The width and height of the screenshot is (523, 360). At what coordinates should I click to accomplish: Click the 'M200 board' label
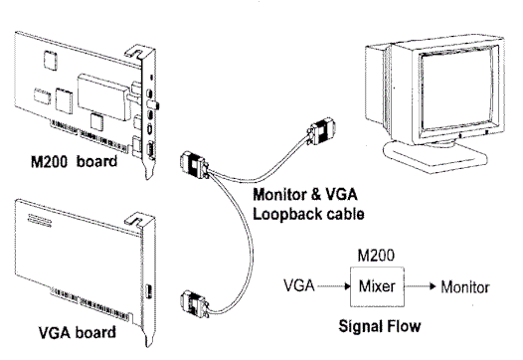pos(77,160)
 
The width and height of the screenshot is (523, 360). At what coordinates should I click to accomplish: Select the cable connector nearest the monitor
pos(324,130)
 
